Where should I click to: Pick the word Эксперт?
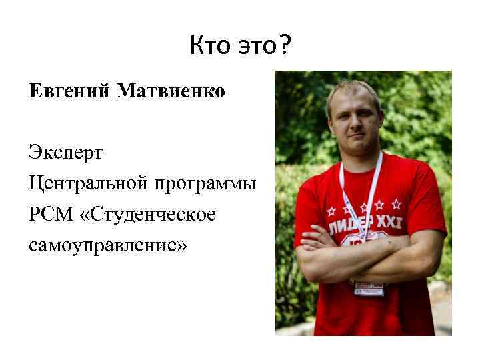pyautogui.click(x=66, y=152)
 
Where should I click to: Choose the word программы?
pyautogui.click(x=206, y=184)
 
